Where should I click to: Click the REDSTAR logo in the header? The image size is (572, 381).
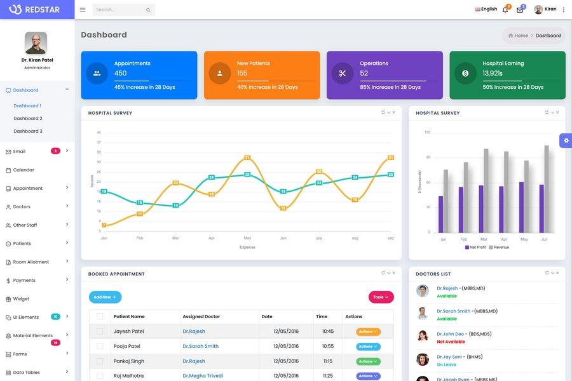point(34,10)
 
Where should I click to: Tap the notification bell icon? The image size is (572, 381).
point(505,10)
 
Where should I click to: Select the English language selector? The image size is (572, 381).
point(486,9)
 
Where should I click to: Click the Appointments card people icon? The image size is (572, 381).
point(97,73)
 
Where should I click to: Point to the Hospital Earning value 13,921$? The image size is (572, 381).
point(493,73)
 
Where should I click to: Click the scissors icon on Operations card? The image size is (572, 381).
point(343,73)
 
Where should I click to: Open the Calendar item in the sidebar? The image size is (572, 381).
point(24,170)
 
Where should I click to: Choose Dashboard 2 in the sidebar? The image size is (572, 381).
point(28,118)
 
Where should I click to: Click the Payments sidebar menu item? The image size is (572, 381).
point(24,281)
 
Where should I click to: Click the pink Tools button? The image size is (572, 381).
point(381,297)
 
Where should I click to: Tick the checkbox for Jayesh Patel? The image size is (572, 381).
point(100,331)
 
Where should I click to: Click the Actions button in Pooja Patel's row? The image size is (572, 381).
point(369,347)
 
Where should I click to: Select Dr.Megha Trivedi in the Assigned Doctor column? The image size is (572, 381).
point(203,376)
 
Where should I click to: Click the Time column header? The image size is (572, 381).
point(322,316)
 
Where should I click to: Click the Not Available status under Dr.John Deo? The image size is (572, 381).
point(451,342)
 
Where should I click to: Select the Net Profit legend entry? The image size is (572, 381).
point(475,247)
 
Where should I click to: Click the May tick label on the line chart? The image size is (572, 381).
point(247,238)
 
